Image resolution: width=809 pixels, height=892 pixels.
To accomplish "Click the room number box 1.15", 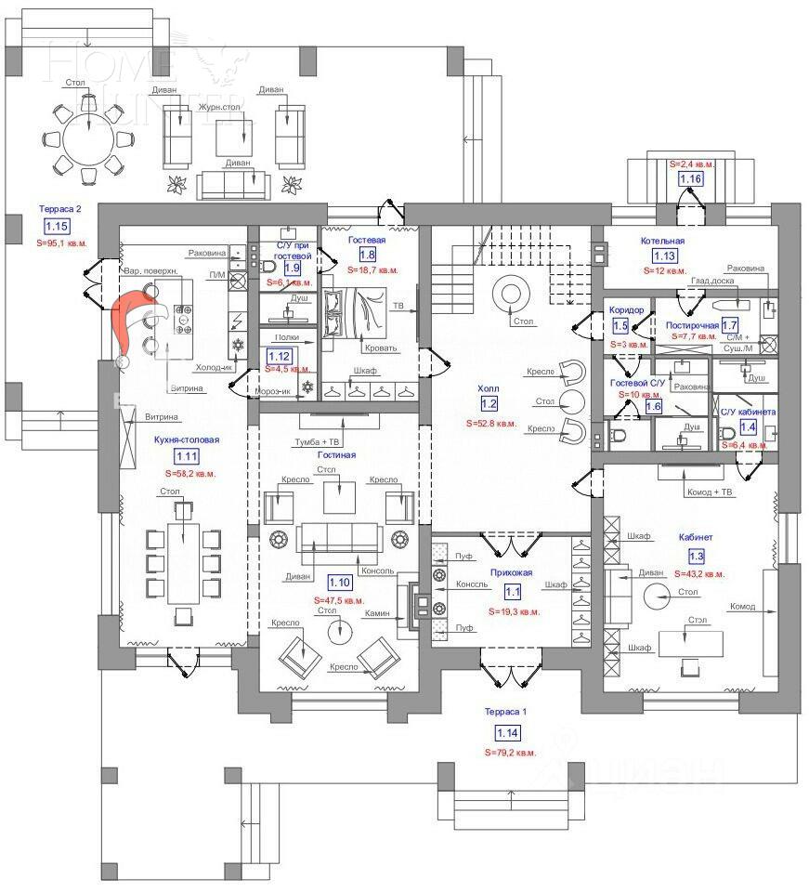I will pyautogui.click(x=57, y=226).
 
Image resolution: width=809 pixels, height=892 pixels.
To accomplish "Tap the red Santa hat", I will pyautogui.click(x=136, y=319).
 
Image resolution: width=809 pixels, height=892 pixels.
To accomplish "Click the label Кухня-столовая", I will pyautogui.click(x=187, y=439).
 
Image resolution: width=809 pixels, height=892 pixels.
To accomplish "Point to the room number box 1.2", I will pyautogui.click(x=489, y=403).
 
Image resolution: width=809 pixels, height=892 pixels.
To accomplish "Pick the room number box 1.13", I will pyautogui.click(x=664, y=256).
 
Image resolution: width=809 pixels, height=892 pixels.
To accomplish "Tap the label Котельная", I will pyautogui.click(x=662, y=241).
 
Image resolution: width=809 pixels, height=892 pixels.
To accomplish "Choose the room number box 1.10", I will pyautogui.click(x=340, y=583).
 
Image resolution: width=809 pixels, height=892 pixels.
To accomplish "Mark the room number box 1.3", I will pyautogui.click(x=696, y=556).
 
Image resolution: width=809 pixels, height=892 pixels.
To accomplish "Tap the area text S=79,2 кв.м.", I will pyautogui.click(x=510, y=752).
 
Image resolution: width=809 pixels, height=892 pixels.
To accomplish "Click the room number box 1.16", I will pyautogui.click(x=689, y=178).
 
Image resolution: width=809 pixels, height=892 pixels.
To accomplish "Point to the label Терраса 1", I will pyautogui.click(x=505, y=712).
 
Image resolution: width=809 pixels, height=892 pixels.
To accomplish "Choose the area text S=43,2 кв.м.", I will pyautogui.click(x=699, y=574).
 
